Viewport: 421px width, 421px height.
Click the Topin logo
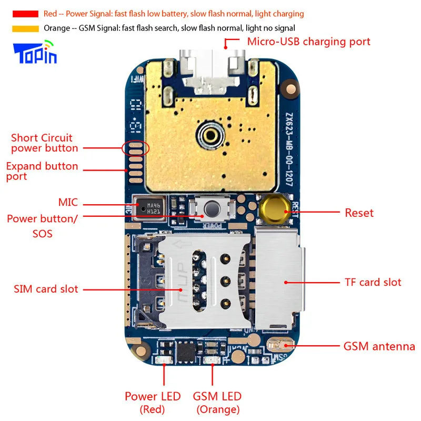click(34, 53)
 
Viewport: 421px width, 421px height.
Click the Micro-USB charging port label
click(308, 42)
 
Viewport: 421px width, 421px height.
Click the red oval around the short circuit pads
click(135, 148)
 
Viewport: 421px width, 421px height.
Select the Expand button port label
click(42, 171)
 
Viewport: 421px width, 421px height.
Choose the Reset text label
click(359, 213)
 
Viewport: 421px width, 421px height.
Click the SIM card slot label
click(46, 289)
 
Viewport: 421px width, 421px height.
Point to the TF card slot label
click(373, 283)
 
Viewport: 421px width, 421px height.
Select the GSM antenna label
click(379, 347)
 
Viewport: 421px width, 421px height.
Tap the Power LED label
click(153, 396)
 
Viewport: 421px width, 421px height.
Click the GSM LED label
click(217, 396)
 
